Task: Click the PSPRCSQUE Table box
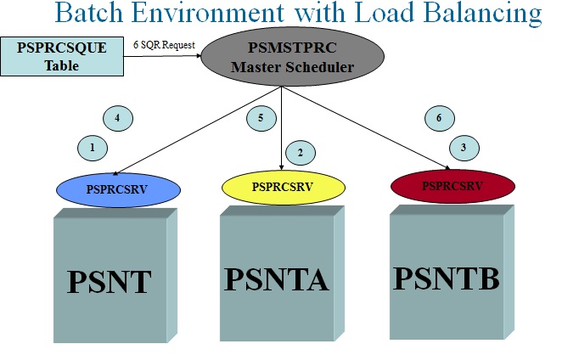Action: [x=63, y=55]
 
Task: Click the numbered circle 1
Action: [x=93, y=148]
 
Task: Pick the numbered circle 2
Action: [x=300, y=153]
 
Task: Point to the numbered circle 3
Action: [x=464, y=146]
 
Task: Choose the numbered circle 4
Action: [x=117, y=117]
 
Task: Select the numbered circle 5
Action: [x=261, y=117]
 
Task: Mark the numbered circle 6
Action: [x=438, y=118]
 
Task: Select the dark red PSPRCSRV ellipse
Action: [x=453, y=185]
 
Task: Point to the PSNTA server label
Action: [x=276, y=278]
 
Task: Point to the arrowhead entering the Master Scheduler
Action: [x=201, y=56]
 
